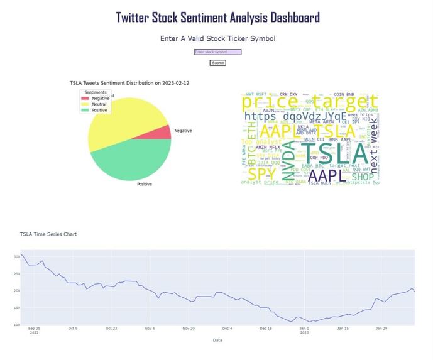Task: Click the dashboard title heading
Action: click(x=217, y=18)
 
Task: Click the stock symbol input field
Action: click(x=217, y=52)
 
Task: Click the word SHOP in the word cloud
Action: click(x=362, y=177)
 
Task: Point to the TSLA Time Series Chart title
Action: click(x=48, y=234)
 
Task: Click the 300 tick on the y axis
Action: click(x=16, y=256)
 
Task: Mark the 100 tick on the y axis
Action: click(x=16, y=325)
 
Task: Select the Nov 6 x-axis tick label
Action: click(x=150, y=328)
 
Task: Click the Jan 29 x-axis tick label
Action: click(x=381, y=328)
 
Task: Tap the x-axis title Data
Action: click(x=217, y=340)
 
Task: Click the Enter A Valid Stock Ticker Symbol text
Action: click(x=217, y=38)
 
